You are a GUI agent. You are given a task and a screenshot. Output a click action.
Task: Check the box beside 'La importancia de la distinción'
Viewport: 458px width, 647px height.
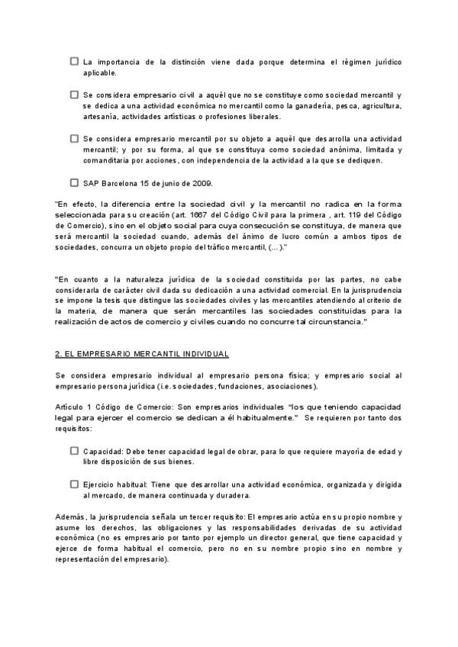coord(74,61)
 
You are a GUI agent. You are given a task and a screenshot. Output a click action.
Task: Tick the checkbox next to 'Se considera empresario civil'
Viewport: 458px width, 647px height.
coord(74,95)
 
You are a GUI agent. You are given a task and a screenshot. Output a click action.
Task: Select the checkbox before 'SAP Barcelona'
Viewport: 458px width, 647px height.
coord(74,182)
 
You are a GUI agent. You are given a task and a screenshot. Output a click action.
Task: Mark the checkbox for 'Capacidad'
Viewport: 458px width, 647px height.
coord(74,450)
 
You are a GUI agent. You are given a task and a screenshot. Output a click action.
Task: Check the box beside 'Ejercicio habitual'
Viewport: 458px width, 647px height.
coord(74,484)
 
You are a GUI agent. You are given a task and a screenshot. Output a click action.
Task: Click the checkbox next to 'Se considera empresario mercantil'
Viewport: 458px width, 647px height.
coord(74,139)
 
